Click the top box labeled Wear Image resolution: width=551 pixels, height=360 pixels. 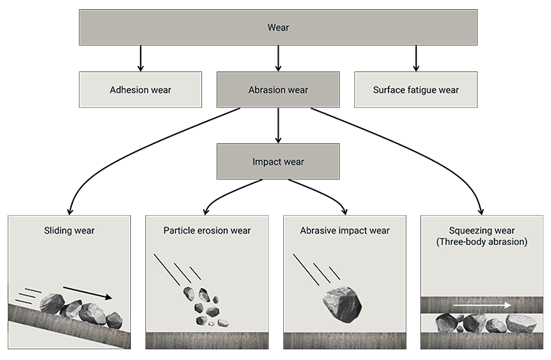pyautogui.click(x=278, y=28)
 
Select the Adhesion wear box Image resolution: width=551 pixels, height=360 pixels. pyautogui.click(x=140, y=90)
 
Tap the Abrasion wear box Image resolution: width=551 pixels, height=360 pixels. pyautogui.click(x=278, y=90)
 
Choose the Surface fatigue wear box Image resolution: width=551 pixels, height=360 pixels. pyautogui.click(x=416, y=90)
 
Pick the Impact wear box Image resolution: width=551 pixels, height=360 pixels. pyautogui.click(x=278, y=162)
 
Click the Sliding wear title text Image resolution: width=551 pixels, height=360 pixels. pyautogui.click(x=69, y=230)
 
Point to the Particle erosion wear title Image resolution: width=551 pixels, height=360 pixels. pyautogui.click(x=207, y=230)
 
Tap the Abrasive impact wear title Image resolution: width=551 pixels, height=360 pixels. pyautogui.click(x=344, y=230)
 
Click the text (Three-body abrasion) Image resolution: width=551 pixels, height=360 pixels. pyautogui.click(x=482, y=242)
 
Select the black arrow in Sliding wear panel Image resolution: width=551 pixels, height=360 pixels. pyautogui.click(x=87, y=293)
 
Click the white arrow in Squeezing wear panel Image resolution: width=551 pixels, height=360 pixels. pyautogui.click(x=481, y=305)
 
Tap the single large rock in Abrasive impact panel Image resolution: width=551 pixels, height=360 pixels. pyautogui.click(x=341, y=304)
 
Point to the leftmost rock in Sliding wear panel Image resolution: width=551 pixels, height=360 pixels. pyautogui.click(x=51, y=303)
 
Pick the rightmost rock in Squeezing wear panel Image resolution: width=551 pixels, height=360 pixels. pyautogui.click(x=521, y=323)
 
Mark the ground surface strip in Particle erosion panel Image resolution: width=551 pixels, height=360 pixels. pyautogui.click(x=207, y=341)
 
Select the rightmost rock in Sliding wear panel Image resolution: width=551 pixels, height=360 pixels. pyautogui.click(x=114, y=319)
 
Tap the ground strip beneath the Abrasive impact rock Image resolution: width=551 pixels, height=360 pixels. pyautogui.click(x=344, y=341)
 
